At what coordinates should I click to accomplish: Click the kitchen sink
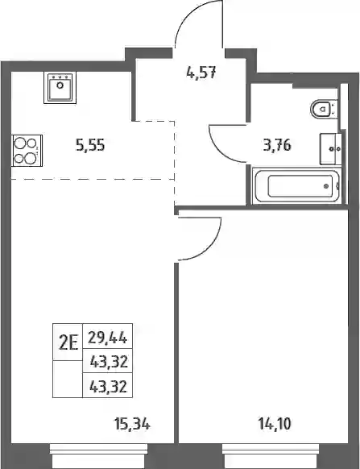60,88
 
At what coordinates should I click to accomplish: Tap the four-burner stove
27,151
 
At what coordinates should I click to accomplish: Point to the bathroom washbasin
331,149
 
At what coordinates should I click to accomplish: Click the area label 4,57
201,73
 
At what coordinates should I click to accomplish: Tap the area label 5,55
90,145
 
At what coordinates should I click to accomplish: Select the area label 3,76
277,145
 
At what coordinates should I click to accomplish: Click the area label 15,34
132,424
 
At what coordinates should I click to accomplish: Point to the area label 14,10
275,424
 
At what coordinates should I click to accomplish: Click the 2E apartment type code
68,342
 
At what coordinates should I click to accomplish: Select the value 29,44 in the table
108,338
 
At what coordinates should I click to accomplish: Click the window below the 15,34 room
99,456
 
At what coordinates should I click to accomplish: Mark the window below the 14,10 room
271,456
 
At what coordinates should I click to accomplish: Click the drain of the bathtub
326,186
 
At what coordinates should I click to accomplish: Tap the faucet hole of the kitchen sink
60,85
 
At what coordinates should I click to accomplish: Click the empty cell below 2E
68,379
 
